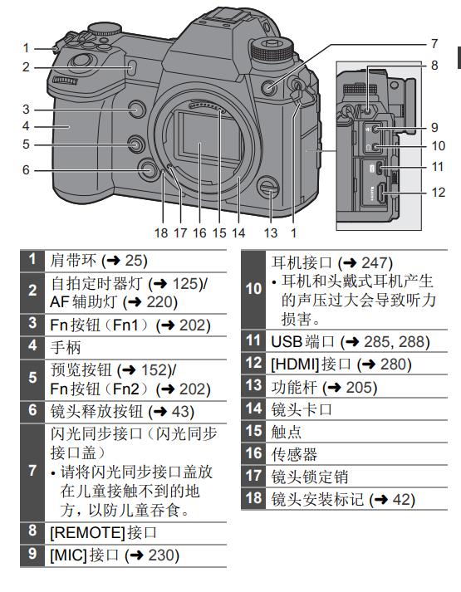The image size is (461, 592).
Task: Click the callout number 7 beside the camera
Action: coord(434,44)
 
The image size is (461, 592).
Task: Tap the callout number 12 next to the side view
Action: coord(439,193)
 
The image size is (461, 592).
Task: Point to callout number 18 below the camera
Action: coord(161,233)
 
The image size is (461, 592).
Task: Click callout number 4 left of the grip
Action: coord(26,126)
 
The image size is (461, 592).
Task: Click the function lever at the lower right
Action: coord(270,188)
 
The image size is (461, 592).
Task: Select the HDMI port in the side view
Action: coord(381,193)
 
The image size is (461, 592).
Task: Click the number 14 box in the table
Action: coord(253,409)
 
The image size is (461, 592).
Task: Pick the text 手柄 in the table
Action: coord(66,347)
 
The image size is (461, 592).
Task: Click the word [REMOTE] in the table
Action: coord(87,533)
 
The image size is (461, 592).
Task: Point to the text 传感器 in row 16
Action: coord(294,454)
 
